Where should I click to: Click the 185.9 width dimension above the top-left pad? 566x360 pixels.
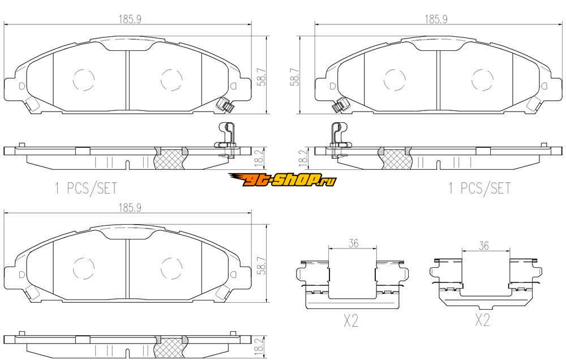[130, 19]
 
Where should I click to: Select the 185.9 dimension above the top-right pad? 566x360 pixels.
[436, 19]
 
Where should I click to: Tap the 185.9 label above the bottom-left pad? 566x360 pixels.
[130, 208]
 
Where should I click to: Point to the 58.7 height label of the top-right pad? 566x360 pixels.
[295, 78]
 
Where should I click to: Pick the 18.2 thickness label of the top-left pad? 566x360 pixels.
[259, 158]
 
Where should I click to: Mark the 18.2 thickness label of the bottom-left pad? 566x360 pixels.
[259, 346]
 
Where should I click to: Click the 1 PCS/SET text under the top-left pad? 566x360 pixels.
[86, 188]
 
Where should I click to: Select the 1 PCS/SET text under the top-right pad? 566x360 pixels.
[479, 188]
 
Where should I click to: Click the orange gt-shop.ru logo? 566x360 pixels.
[282, 179]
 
